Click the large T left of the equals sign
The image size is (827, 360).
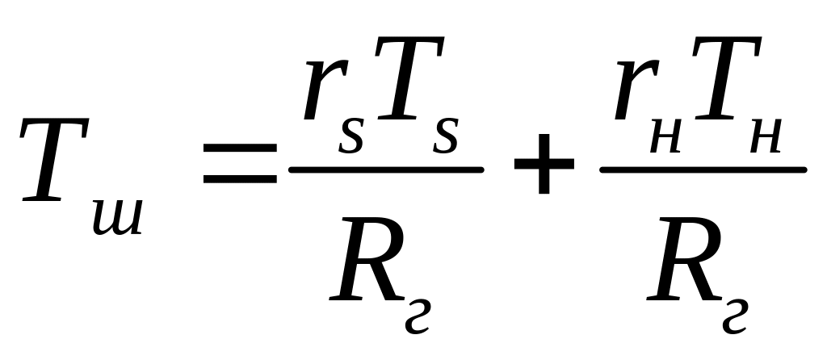(x=55, y=160)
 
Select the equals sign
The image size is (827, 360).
(x=240, y=163)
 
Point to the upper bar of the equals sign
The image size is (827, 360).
(x=240, y=148)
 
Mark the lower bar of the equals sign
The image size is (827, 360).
(x=240, y=179)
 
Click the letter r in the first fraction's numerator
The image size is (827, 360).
(x=325, y=90)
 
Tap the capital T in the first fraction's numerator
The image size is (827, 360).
(x=409, y=77)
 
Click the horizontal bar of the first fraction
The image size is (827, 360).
(x=386, y=170)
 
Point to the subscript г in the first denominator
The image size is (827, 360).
(x=418, y=316)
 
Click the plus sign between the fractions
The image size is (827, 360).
(x=544, y=163)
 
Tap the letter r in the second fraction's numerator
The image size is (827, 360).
(x=636, y=90)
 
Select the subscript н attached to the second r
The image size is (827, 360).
(x=665, y=138)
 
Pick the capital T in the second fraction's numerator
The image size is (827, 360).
(x=726, y=77)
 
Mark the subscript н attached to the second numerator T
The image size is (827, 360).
(x=765, y=138)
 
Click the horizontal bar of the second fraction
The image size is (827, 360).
(x=703, y=170)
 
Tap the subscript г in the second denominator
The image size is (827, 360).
(x=735, y=316)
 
